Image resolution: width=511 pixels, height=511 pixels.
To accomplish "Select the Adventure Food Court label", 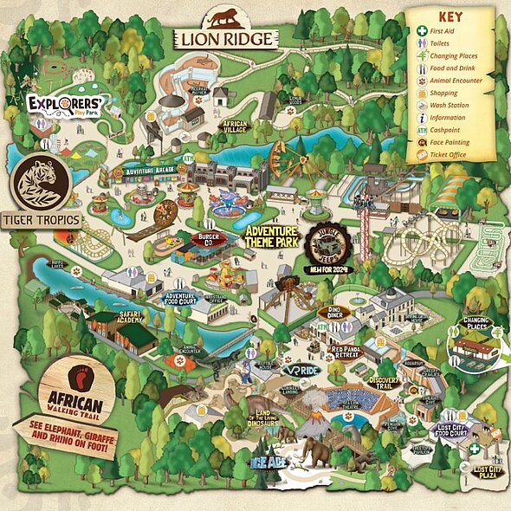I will tap(183, 299).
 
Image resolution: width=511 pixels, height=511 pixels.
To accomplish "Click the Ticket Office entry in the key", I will tap(447, 154).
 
